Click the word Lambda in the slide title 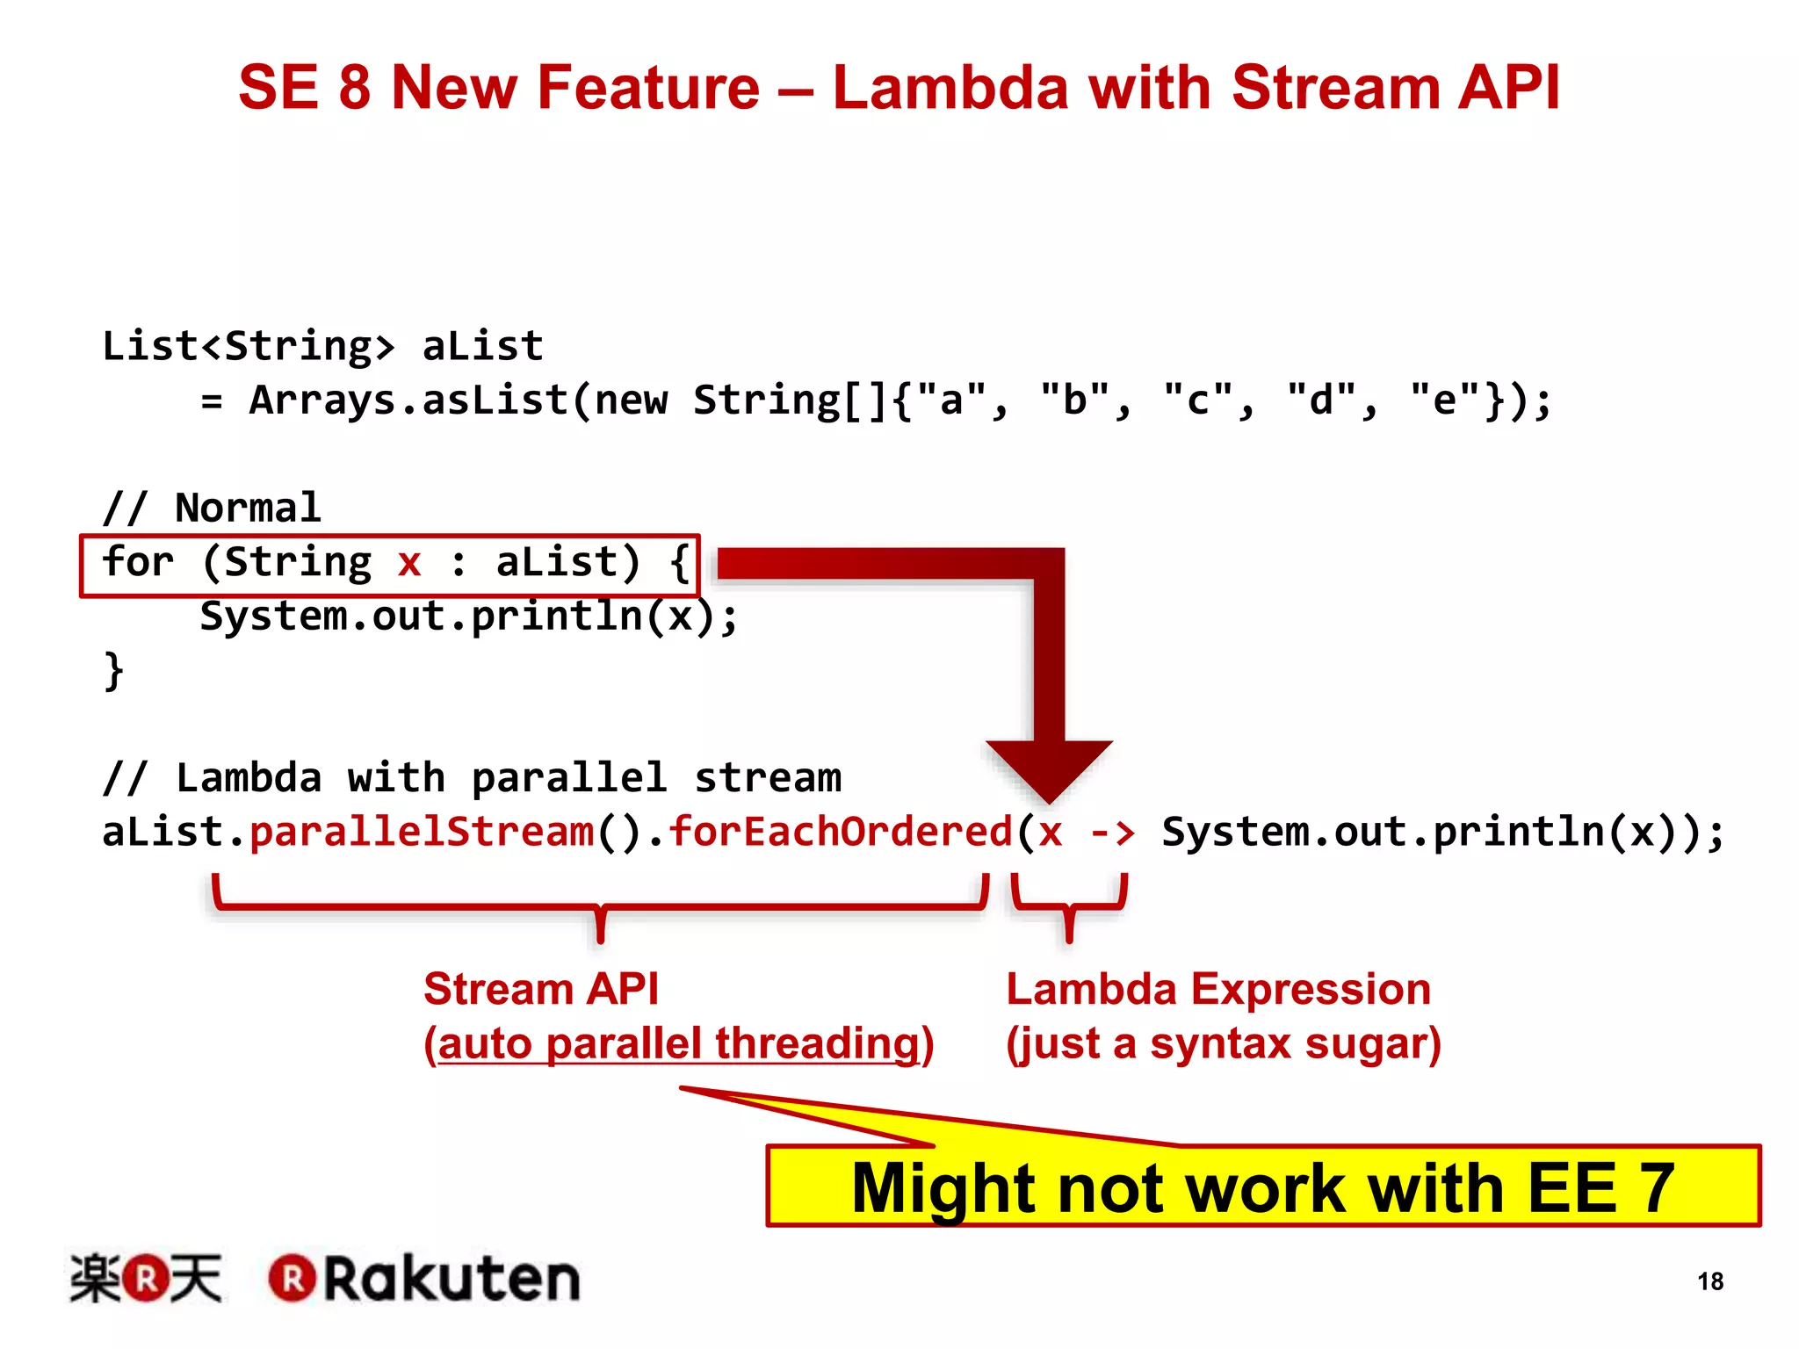pos(950,89)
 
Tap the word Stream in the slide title pos(1336,89)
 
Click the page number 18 pos(1709,1281)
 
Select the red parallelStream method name pos(422,832)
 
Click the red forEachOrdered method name pos(841,832)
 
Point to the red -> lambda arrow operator pos(1112,832)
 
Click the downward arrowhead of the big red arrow pos(1050,768)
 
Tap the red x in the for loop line pos(408,562)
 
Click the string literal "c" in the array pos(1197,400)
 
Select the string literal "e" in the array pos(1444,400)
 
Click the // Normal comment pos(212,508)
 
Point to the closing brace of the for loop pos(113,671)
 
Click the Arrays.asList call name pos(408,400)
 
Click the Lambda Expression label pos(1218,990)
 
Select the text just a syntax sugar pos(1224,1044)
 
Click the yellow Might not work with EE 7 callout pos(1263,1187)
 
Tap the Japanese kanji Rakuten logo pos(146,1279)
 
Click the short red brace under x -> pos(1069,905)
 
